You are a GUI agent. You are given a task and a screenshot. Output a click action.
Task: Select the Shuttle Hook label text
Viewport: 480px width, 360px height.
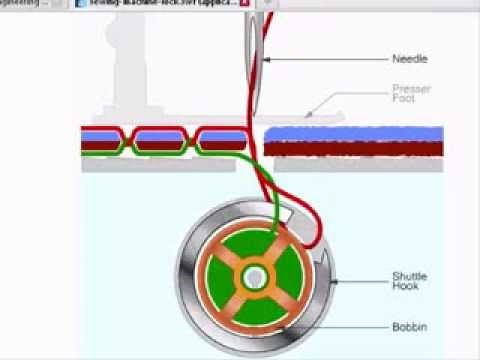410,281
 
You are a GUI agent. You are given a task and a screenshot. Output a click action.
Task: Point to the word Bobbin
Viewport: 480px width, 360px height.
410,326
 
